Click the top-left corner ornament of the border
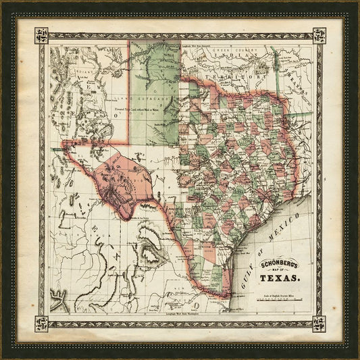click(41, 35)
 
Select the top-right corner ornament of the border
click(319, 35)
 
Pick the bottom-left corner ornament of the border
click(41, 324)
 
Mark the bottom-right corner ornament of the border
click(319, 324)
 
